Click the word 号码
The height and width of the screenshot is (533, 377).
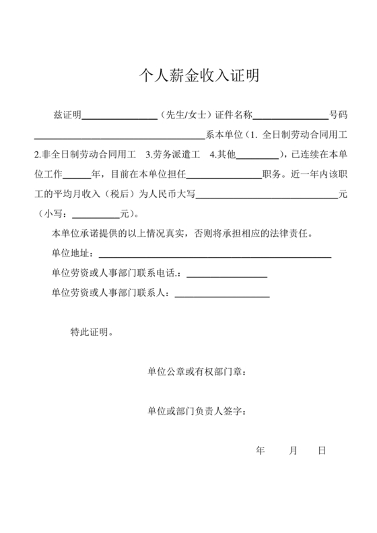(337, 115)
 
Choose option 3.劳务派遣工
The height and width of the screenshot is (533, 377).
(173, 155)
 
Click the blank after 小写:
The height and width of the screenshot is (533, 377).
(95, 216)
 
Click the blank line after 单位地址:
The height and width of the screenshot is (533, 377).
(215, 255)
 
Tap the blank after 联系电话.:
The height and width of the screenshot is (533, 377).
(227, 275)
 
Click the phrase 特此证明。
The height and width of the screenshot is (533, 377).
(92, 332)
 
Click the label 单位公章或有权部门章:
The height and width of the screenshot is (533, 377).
(197, 371)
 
